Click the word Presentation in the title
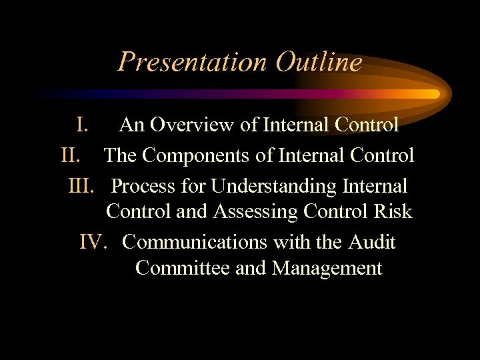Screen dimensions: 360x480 point(191,62)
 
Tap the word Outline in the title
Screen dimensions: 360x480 point(318,62)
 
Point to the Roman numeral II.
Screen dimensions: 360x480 point(71,155)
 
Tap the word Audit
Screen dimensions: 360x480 point(371,241)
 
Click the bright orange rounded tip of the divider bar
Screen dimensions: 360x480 point(434,94)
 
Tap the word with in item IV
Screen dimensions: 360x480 point(291,241)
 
